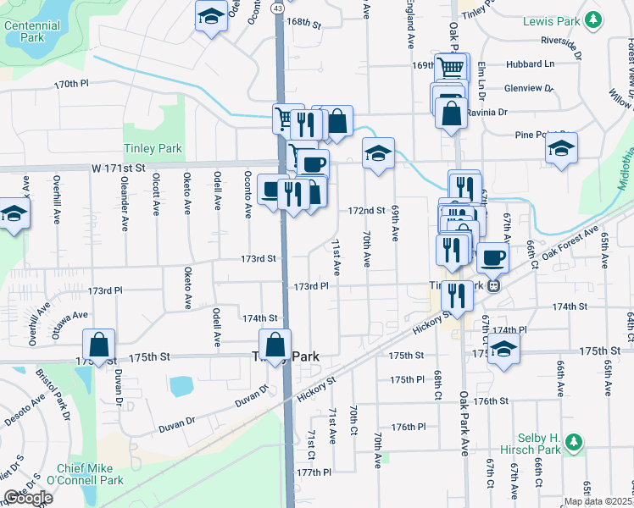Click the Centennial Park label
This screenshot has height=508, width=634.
tap(32, 32)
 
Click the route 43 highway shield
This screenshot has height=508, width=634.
tap(278, 7)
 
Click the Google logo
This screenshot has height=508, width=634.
tap(28, 498)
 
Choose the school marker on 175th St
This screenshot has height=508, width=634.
tap(503, 348)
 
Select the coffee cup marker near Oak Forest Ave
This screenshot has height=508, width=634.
tap(492, 257)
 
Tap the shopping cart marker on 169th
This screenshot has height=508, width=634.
tap(451, 67)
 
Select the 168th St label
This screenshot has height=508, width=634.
tap(303, 23)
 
